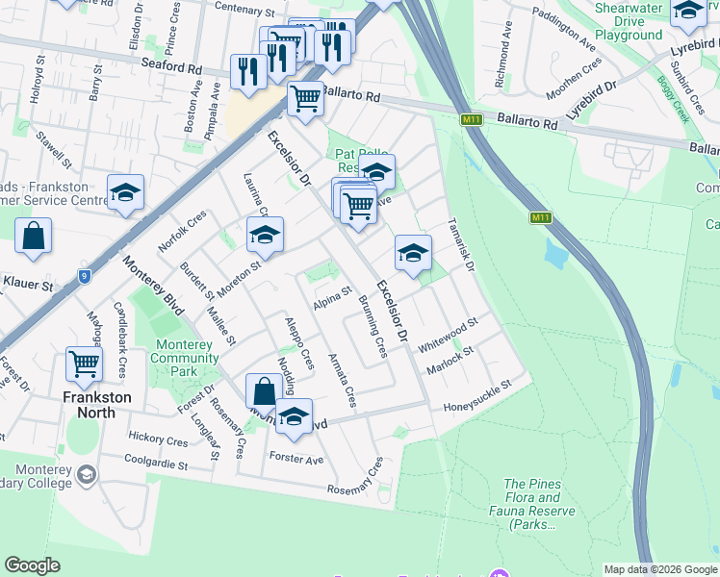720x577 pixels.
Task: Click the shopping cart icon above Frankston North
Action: pyautogui.click(x=85, y=364)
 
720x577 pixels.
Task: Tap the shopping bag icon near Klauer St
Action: pyautogui.click(x=34, y=235)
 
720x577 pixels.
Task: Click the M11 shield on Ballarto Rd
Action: pyautogui.click(x=471, y=120)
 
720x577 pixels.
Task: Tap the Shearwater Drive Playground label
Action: pyautogui.click(x=628, y=21)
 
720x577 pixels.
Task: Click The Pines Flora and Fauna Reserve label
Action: pyautogui.click(x=532, y=504)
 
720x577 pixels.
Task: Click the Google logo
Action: pyautogui.click(x=32, y=565)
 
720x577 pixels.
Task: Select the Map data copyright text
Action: pyautogui.click(x=660, y=569)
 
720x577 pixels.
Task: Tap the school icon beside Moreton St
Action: pyautogui.click(x=266, y=234)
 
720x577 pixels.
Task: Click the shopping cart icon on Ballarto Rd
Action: pyautogui.click(x=306, y=97)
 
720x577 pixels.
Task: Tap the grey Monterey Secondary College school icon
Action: pyautogui.click(x=86, y=474)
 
